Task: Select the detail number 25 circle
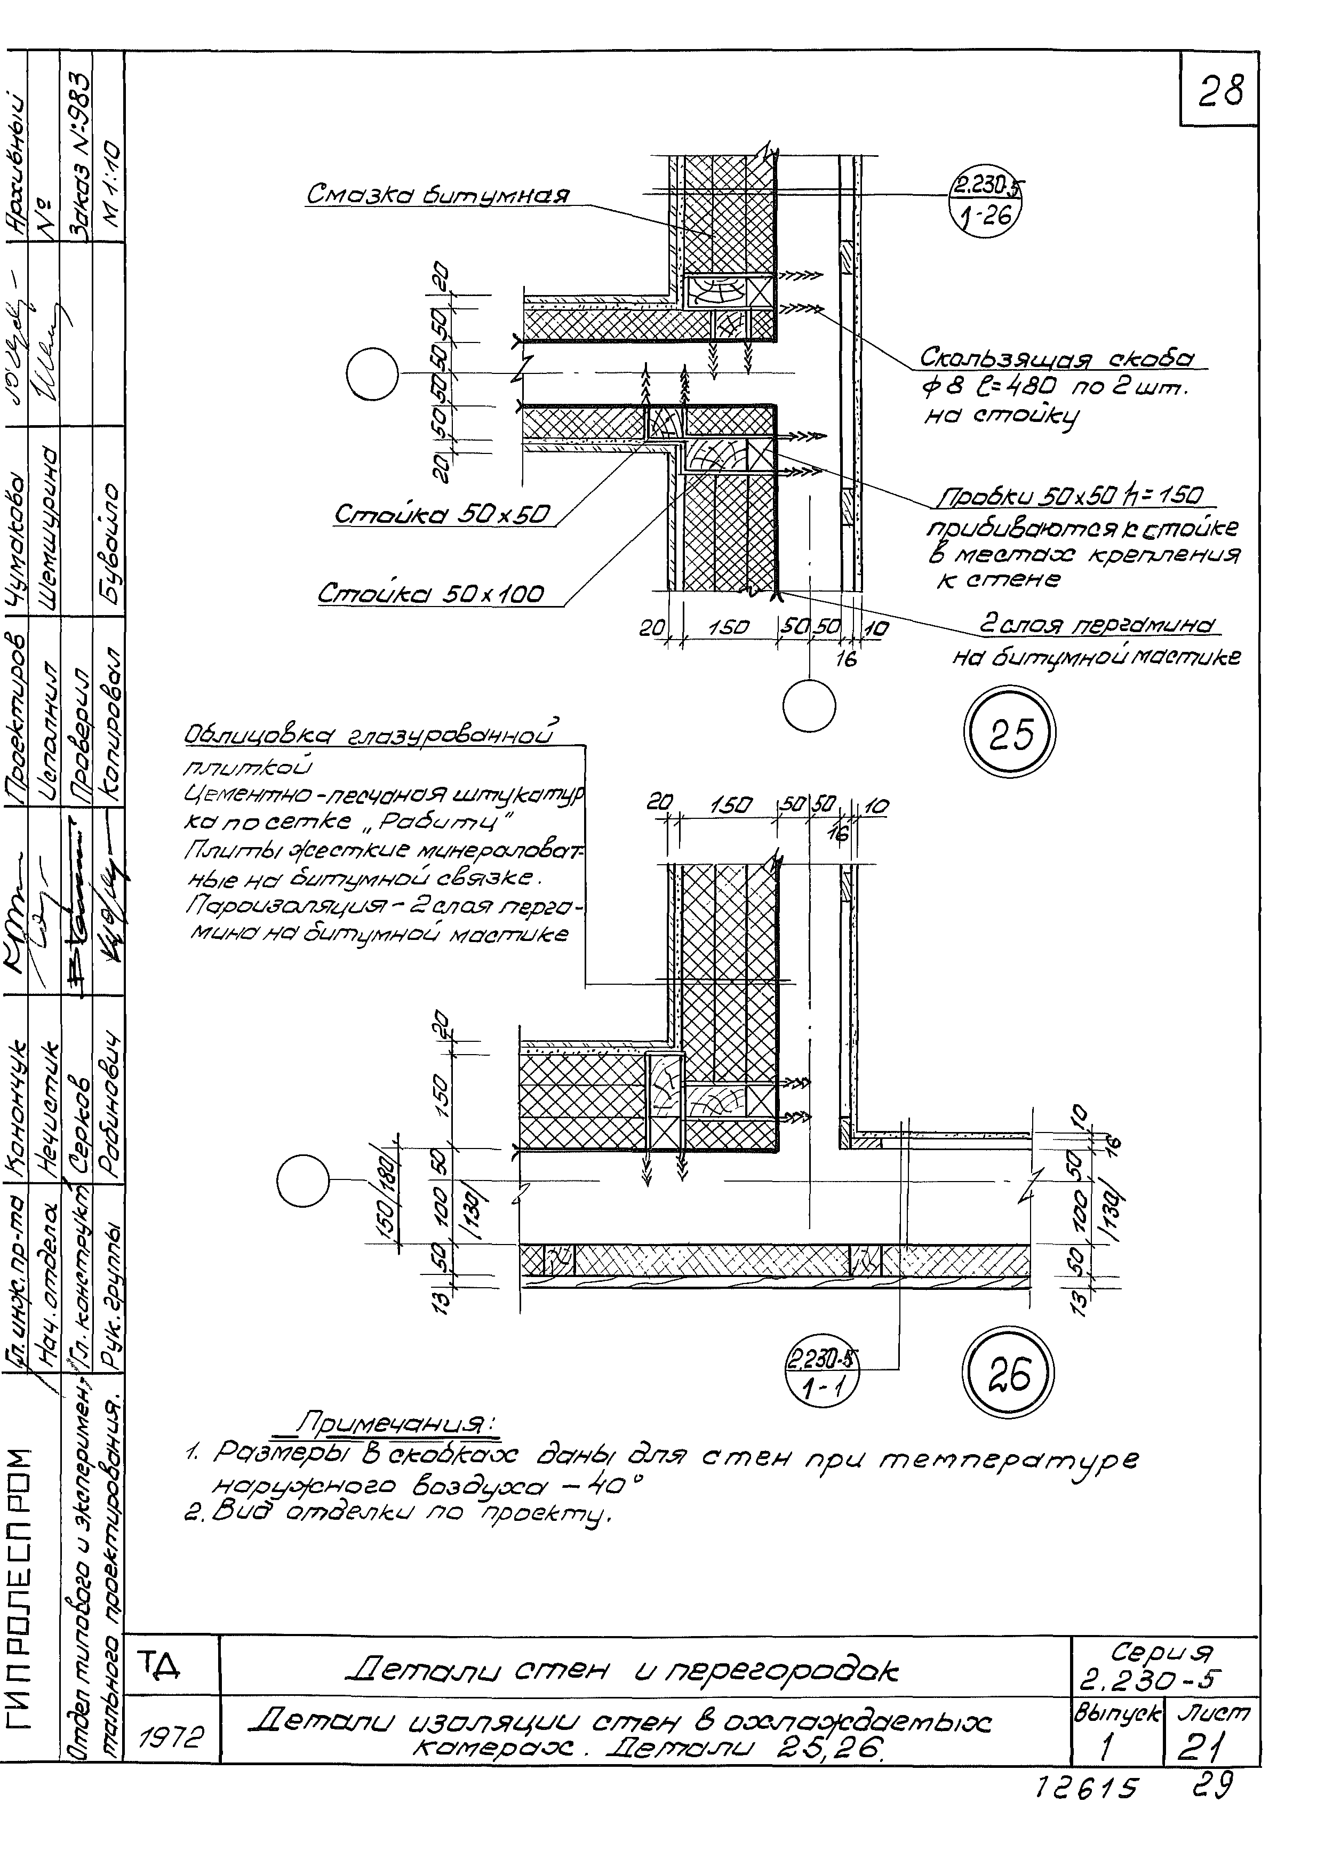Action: pos(1010,734)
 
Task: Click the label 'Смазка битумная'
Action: pos(438,195)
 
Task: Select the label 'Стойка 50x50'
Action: pos(443,514)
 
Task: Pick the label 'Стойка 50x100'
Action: pos(430,594)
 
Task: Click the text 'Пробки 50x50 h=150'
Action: pos(1071,496)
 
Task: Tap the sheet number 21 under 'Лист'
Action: pos(1211,1742)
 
